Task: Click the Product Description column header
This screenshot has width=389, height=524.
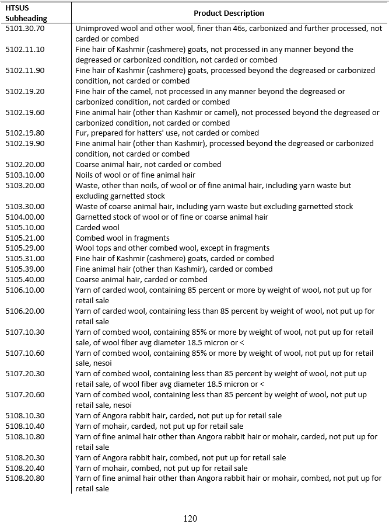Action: point(229,13)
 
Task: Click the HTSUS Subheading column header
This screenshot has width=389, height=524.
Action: point(22,13)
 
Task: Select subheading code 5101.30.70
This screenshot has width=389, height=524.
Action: point(24,28)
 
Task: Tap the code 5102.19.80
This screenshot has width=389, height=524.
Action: point(24,133)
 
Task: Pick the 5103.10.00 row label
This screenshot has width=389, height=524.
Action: point(24,175)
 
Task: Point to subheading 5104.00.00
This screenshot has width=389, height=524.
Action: point(24,217)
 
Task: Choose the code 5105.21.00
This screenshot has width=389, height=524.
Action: point(24,238)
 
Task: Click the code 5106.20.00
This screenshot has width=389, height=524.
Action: point(24,311)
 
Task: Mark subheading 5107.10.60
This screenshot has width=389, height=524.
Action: point(24,353)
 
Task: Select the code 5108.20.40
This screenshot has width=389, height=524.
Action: point(24,469)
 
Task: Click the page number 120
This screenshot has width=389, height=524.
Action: point(190,518)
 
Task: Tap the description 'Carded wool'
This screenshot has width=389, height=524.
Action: point(97,228)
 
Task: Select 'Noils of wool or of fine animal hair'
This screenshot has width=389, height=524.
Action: point(135,175)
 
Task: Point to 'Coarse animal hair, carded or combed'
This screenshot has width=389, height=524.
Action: point(141,280)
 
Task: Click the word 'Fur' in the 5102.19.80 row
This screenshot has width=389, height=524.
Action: point(81,133)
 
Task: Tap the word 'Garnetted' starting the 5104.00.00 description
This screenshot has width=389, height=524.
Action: point(93,217)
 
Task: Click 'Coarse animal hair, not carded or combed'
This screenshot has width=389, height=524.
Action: point(148,165)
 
